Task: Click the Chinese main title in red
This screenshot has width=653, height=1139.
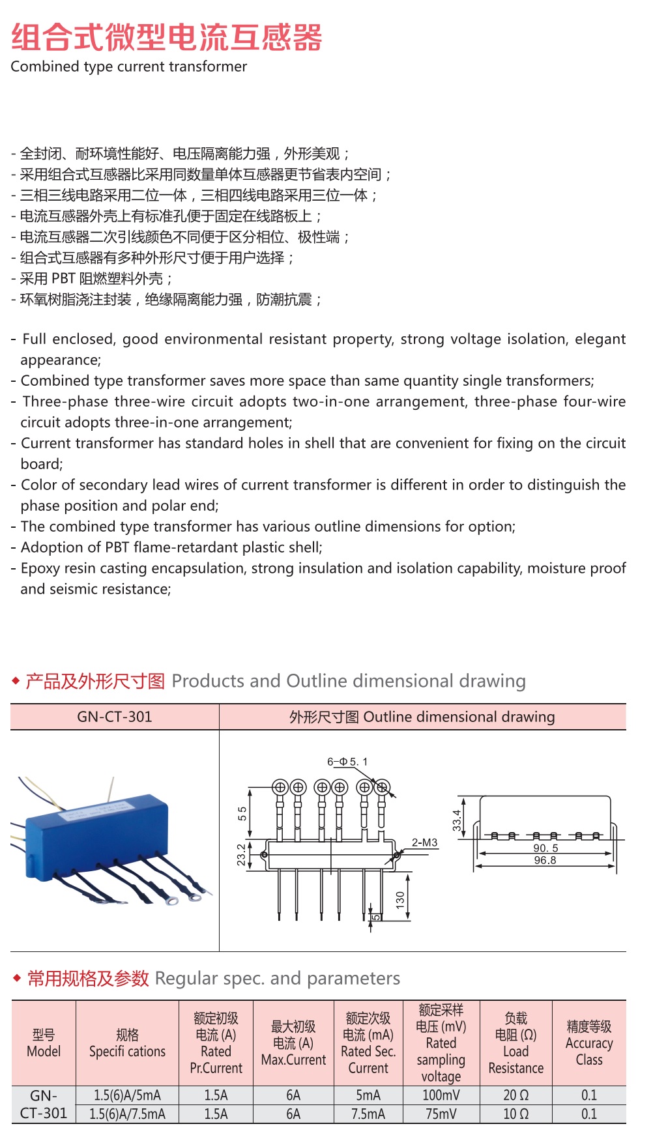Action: (x=167, y=37)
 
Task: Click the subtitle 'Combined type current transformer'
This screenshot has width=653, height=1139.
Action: (x=129, y=66)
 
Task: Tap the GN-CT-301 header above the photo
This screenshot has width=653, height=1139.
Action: (x=115, y=717)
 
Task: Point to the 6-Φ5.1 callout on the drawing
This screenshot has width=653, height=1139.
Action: (x=347, y=762)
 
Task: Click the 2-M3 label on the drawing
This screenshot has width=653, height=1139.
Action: (x=424, y=843)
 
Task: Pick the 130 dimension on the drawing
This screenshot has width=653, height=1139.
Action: (x=400, y=899)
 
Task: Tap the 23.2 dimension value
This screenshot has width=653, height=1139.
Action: (x=242, y=854)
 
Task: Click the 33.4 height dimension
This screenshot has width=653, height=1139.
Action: (x=457, y=820)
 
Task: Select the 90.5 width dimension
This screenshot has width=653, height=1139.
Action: (x=545, y=848)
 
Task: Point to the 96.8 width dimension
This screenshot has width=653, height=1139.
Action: (x=545, y=860)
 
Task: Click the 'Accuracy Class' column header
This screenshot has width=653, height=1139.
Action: (x=589, y=1043)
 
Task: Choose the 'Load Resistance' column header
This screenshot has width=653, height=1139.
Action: (x=515, y=1043)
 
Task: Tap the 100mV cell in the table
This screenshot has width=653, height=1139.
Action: (x=441, y=1095)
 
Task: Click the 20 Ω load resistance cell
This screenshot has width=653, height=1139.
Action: (x=515, y=1095)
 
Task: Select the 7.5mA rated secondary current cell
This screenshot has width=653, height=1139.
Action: (x=368, y=1114)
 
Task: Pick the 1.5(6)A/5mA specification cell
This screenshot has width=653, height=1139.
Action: (x=127, y=1095)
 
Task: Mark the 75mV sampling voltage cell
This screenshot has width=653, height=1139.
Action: (x=441, y=1114)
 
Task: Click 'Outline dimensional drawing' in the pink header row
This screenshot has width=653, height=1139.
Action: (x=459, y=717)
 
